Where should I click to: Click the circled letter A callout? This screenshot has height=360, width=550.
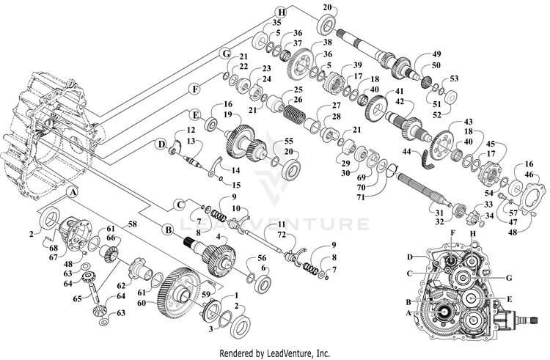pos(73,192)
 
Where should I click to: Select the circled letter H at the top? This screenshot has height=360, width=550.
pos(281,13)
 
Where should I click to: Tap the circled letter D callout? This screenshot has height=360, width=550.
pos(161,144)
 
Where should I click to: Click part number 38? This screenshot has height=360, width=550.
pos(327,43)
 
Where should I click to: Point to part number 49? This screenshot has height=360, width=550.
pos(437,54)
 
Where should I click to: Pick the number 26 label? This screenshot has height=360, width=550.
pos(298,100)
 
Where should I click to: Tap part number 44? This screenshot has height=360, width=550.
pos(407,152)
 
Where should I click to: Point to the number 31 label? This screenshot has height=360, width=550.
pos(439,213)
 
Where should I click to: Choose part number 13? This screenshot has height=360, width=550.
pos(191,141)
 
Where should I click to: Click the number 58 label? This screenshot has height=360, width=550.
pos(132,223)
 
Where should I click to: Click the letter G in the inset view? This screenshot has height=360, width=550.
pos(509,278)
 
